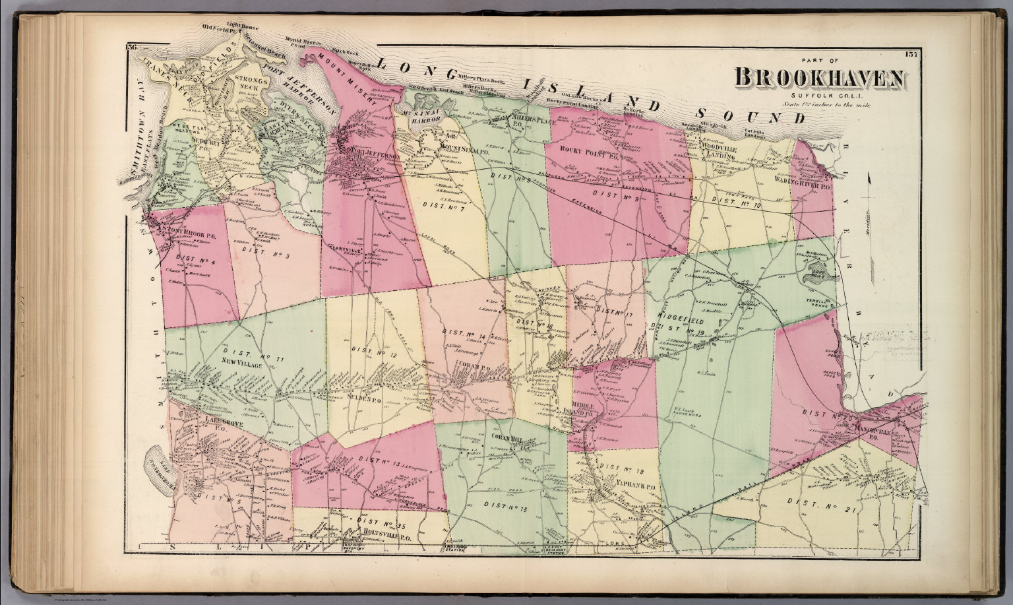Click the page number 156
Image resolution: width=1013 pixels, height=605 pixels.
(x=129, y=47)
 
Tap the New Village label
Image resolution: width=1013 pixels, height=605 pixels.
(x=241, y=362)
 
